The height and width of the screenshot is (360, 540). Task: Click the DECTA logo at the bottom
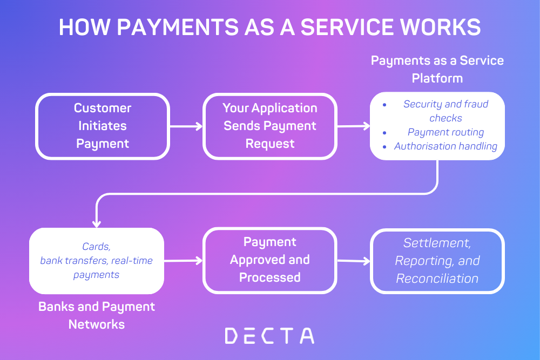click(x=269, y=336)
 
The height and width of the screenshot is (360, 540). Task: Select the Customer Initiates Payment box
click(x=103, y=126)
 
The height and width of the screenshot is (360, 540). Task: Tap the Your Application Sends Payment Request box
click(x=270, y=126)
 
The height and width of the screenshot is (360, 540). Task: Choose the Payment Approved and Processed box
click(x=270, y=260)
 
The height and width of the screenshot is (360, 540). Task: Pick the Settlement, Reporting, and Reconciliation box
click(x=437, y=261)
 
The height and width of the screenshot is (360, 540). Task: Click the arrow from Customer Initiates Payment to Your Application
click(x=186, y=127)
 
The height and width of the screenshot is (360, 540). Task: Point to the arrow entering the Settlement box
click(x=354, y=261)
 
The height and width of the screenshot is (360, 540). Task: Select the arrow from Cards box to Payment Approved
click(x=183, y=261)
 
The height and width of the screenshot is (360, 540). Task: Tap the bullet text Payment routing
click(x=446, y=132)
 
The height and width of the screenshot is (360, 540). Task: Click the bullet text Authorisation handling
click(x=446, y=146)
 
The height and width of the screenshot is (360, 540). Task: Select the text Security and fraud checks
click(x=446, y=111)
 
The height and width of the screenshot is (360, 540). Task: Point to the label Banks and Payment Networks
click(x=97, y=315)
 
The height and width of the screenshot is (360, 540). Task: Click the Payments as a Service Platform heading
click(x=437, y=69)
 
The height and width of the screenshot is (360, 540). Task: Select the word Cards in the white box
click(x=96, y=247)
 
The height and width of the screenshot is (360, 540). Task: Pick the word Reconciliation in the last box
click(x=437, y=279)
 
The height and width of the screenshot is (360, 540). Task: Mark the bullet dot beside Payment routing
click(x=384, y=133)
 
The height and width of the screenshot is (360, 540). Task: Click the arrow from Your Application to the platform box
click(x=354, y=126)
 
